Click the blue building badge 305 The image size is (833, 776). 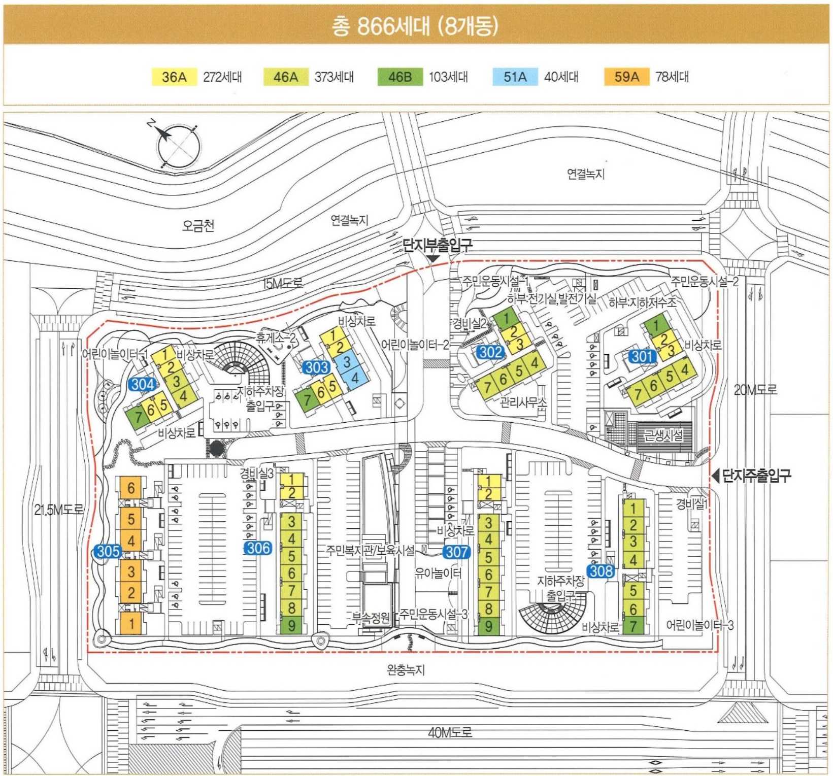tap(108, 551)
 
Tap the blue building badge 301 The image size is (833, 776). tap(642, 356)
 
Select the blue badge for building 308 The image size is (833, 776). tap(601, 571)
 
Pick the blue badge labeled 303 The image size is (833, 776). tap(316, 366)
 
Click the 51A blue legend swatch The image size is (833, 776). tap(515, 77)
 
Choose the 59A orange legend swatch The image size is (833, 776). tap(626, 77)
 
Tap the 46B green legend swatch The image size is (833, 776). tap(399, 77)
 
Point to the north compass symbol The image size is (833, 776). tap(178, 145)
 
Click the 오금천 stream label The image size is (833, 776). tap(198, 225)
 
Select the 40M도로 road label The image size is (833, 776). tap(450, 732)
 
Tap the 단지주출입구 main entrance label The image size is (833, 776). tap(756, 476)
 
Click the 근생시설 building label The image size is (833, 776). tap(663, 435)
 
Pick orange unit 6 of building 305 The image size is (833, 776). tap(131, 488)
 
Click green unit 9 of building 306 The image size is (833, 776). tap(291, 625)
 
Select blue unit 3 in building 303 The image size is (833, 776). tap(347, 361)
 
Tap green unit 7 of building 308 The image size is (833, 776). tap(633, 626)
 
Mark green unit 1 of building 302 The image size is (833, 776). tap(506, 318)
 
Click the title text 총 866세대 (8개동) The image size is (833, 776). tap(415, 26)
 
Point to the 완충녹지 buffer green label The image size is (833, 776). tap(406, 670)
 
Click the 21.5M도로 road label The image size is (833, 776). tap(59, 510)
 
